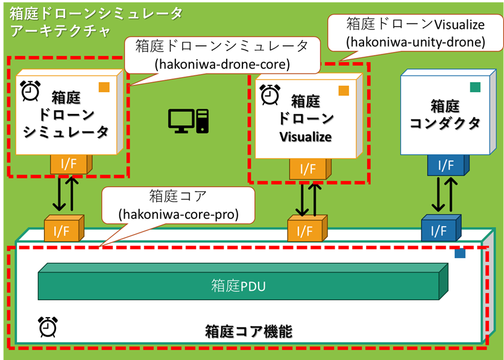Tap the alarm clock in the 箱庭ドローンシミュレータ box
tap(30, 90)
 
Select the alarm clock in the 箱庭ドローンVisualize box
tap(269, 93)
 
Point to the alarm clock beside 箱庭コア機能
tap(46, 326)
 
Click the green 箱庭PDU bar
tap(238, 286)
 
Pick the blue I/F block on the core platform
tap(438, 229)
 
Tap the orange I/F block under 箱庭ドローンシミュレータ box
tap(71, 163)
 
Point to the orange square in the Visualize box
tap(344, 90)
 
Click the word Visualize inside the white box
tap(306, 137)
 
